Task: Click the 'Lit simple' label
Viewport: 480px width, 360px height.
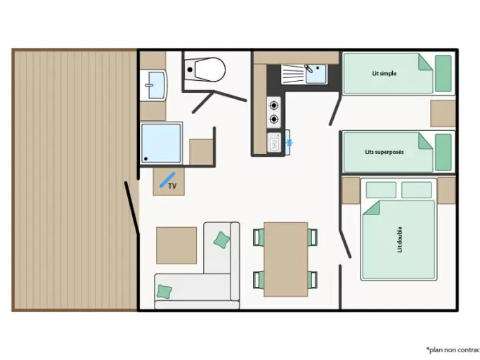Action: pos(384,74)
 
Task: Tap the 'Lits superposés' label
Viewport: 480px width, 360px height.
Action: pos(384,152)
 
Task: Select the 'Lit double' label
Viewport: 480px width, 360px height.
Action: pos(399,240)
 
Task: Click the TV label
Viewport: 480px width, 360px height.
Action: pos(172,186)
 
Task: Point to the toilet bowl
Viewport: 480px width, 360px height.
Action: pos(209,70)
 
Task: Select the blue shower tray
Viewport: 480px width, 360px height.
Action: pos(161,143)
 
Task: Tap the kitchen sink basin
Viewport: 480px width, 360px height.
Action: pos(316,74)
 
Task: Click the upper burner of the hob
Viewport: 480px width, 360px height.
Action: pos(273,105)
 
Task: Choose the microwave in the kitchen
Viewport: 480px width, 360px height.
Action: pos(274,143)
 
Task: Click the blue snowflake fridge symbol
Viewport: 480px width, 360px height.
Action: pos(289,143)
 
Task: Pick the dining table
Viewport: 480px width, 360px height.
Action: pos(286,259)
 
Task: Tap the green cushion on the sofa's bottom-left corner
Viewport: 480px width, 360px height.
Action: pos(164,292)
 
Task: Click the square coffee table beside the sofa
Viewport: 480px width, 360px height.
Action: pos(176,245)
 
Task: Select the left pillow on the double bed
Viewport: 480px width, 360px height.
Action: pos(381,190)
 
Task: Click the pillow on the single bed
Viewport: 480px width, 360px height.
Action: pos(443,74)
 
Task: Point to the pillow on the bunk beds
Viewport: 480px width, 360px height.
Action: pos(443,153)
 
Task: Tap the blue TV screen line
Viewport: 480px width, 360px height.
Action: pos(167,180)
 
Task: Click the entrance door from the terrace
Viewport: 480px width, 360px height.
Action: pos(132,208)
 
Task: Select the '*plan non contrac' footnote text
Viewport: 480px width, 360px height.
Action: pos(453,349)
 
